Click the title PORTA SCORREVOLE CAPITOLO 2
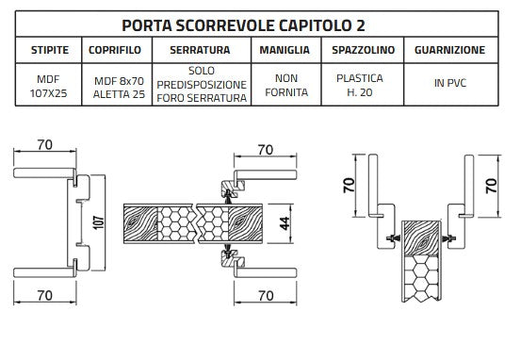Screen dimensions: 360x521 pyautogui.click(x=261, y=23)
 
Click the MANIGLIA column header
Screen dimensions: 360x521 pyautogui.click(x=281, y=49)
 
